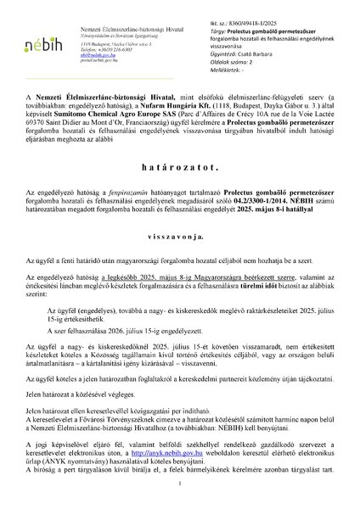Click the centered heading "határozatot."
(180, 169)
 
